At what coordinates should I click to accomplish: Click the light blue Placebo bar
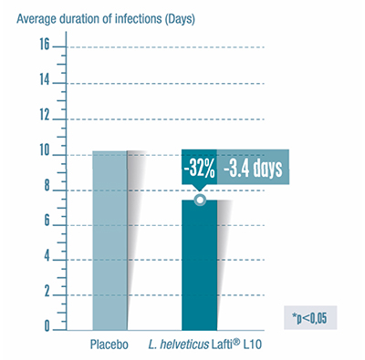tap(109, 239)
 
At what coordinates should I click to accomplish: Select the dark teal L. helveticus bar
tap(199, 264)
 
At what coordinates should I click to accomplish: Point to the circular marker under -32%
tap(200, 201)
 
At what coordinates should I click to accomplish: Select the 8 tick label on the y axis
tap(44, 190)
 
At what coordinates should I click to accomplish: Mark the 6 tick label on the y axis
tap(44, 225)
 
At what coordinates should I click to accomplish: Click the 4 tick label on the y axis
tap(44, 261)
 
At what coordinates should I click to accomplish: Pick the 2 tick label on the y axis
tap(44, 295)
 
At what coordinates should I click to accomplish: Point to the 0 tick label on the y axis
tap(44, 325)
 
